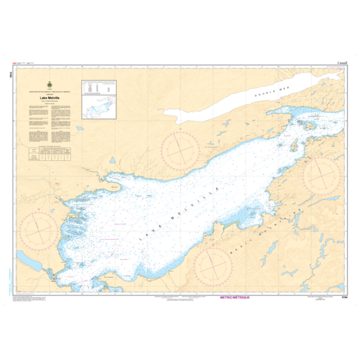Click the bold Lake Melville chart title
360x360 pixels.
49,97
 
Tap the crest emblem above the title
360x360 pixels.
49,84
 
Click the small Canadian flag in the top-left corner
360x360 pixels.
14,63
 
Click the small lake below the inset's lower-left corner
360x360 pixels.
79,129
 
